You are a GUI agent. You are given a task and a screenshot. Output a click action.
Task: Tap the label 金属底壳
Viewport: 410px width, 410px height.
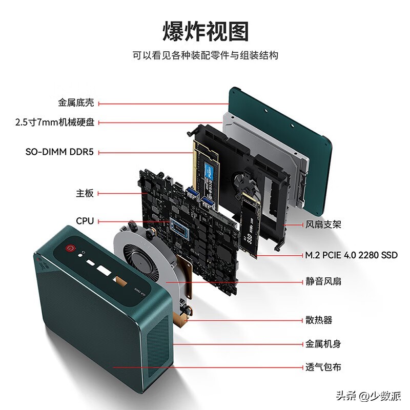[76, 103]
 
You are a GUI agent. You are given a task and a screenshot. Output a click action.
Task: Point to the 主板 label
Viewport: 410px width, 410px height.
[85, 193]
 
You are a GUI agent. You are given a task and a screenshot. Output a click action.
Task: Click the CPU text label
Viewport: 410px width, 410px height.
[85, 221]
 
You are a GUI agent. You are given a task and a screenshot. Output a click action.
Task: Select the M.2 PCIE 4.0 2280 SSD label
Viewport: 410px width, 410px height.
[351, 255]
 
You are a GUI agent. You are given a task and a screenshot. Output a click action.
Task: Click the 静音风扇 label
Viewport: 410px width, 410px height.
[323, 281]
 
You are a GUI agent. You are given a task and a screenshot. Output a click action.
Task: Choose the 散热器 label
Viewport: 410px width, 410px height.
[319, 320]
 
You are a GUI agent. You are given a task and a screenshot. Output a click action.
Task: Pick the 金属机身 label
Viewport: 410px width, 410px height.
[323, 344]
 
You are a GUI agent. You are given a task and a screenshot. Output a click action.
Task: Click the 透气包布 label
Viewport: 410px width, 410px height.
[323, 367]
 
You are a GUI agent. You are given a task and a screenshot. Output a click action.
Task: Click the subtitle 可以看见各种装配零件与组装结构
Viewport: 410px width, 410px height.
[205, 55]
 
